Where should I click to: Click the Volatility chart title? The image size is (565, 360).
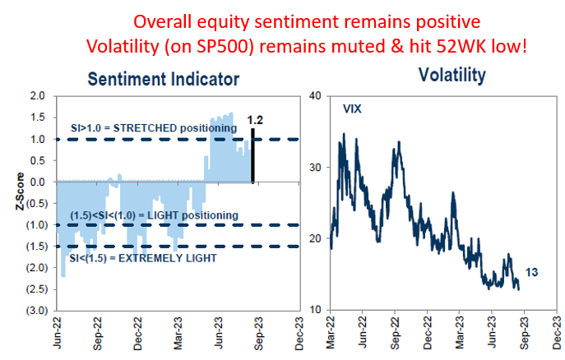point(452,76)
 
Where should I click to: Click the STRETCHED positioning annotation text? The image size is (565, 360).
point(152,128)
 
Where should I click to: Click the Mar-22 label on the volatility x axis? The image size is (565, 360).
point(329,335)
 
